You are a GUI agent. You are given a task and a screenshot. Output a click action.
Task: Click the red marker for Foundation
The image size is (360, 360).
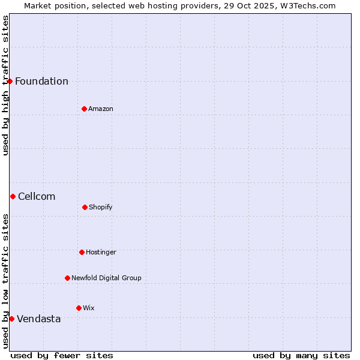pos(10,81)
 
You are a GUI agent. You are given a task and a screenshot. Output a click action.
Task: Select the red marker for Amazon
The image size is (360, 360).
pos(84,109)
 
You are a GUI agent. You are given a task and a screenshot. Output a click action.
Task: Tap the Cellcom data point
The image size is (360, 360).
pos(13,196)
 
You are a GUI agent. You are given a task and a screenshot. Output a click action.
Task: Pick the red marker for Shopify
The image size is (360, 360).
pos(85,207)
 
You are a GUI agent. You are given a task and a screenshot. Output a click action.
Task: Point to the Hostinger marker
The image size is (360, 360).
pos(82,252)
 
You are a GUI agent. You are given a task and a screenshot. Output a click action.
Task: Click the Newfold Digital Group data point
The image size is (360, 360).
pos(67,278)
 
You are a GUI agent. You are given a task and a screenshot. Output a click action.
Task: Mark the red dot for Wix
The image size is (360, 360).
pos(79,308)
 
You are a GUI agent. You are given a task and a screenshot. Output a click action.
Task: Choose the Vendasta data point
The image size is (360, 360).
pos(11,319)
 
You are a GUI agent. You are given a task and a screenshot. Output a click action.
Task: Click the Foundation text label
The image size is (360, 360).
pos(41,82)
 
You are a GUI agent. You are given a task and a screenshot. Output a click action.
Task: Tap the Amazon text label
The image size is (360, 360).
pos(101,109)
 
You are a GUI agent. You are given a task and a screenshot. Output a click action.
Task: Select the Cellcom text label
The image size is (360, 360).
pos(37,197)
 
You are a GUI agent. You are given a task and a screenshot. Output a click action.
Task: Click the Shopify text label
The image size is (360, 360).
pos(101,208)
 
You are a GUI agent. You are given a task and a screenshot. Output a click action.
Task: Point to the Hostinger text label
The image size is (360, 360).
pos(101,253)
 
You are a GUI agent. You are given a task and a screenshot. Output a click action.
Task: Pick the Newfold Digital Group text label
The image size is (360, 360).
pos(106,278)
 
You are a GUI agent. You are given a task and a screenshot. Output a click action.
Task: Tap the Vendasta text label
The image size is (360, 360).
pos(39,319)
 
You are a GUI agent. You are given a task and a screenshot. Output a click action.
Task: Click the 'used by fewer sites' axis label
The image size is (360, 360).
pos(62,355)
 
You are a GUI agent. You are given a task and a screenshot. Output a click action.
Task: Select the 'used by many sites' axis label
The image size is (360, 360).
pos(301,355)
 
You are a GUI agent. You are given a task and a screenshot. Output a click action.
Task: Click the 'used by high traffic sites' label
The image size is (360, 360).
pos(5,85)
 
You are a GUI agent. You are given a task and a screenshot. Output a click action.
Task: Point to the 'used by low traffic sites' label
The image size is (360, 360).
pos(5,281)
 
